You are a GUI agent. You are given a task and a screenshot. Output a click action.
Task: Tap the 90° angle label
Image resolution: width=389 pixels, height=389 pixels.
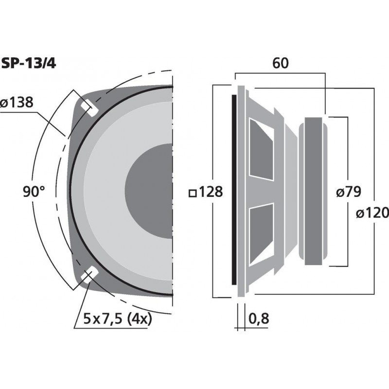(34, 192)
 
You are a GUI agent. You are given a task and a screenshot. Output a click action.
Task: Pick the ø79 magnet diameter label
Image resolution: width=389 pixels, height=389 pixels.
(348, 192)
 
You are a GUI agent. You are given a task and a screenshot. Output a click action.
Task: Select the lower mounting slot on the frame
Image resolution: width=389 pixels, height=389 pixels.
(88, 276)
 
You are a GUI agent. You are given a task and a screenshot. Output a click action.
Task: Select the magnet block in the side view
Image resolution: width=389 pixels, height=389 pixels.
(314, 192)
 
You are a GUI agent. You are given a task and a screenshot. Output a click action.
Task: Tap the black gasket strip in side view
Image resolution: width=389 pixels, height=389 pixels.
(233, 192)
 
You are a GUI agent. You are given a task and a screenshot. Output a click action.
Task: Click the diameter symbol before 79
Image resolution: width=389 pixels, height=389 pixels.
(340, 193)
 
